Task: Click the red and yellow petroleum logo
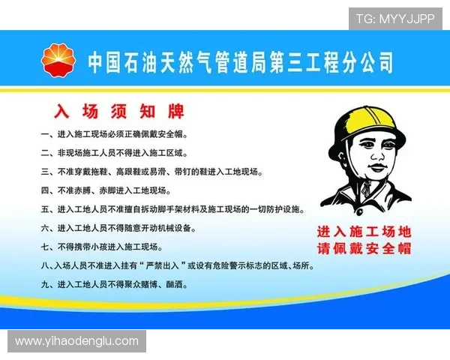point(59,61)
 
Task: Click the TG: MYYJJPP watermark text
point(394,19)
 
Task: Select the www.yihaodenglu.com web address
point(76,341)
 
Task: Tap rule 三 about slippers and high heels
point(151,172)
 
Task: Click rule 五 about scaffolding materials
point(172,209)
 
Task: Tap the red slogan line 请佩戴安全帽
point(364,249)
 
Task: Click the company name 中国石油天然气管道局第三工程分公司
point(240,61)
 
